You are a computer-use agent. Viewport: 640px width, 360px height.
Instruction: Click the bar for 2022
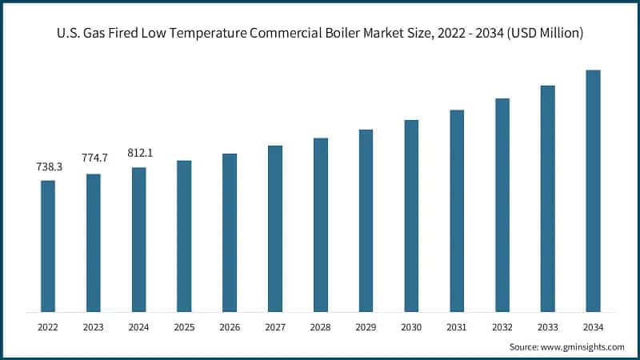48,246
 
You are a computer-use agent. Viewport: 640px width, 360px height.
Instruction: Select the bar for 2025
184,236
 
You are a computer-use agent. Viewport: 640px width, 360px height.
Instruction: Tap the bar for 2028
320,225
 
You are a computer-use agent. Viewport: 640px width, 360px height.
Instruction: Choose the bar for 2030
411,215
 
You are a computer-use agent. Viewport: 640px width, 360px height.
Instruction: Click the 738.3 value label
48,168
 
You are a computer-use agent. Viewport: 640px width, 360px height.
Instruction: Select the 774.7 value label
94,158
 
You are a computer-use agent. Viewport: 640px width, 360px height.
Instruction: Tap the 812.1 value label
139,152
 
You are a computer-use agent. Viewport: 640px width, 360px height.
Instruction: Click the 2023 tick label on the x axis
94,326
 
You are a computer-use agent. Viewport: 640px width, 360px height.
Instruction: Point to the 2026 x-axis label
230,326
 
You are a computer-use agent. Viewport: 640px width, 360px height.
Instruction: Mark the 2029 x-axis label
366,326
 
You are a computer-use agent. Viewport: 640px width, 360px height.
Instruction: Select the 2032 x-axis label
502,326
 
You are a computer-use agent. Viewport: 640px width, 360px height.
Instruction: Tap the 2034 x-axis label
593,326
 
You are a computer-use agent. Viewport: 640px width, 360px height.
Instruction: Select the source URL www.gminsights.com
583,347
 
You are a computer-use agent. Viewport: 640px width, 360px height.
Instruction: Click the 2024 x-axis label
139,326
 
